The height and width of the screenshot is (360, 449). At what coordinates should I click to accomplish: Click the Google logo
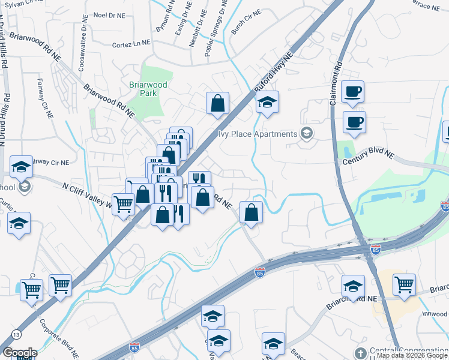click(x=20, y=353)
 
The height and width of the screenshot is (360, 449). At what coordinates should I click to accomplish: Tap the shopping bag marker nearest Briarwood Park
click(x=217, y=103)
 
